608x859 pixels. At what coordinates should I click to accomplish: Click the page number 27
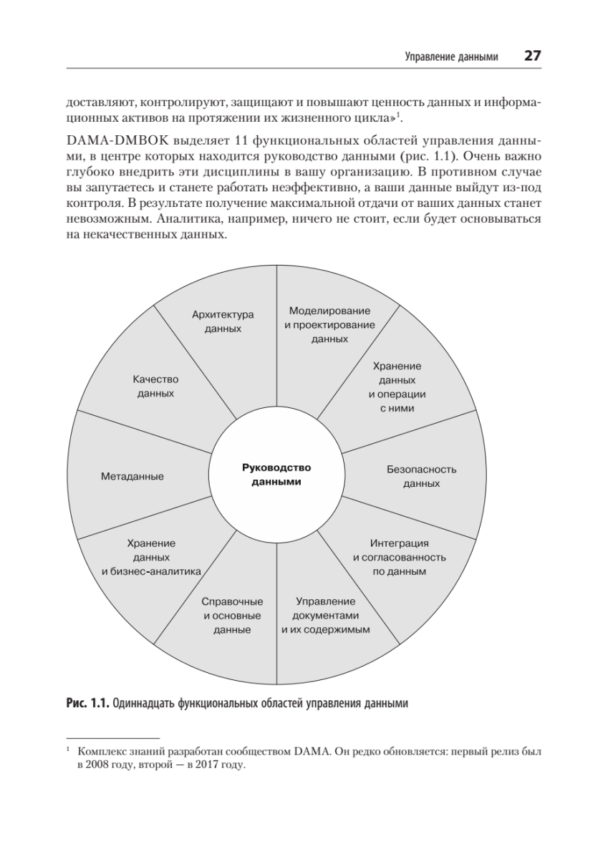pyautogui.click(x=531, y=57)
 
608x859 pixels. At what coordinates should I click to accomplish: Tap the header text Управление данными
pyautogui.click(x=450, y=57)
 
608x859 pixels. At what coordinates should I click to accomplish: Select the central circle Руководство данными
pyautogui.click(x=276, y=475)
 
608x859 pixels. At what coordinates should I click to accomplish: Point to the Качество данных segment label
pyautogui.click(x=155, y=387)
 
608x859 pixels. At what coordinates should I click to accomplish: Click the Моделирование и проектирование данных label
pyautogui.click(x=329, y=325)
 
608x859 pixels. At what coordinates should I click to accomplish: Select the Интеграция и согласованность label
pyautogui.click(x=400, y=557)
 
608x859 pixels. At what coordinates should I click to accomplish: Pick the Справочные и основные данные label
pyautogui.click(x=231, y=616)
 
